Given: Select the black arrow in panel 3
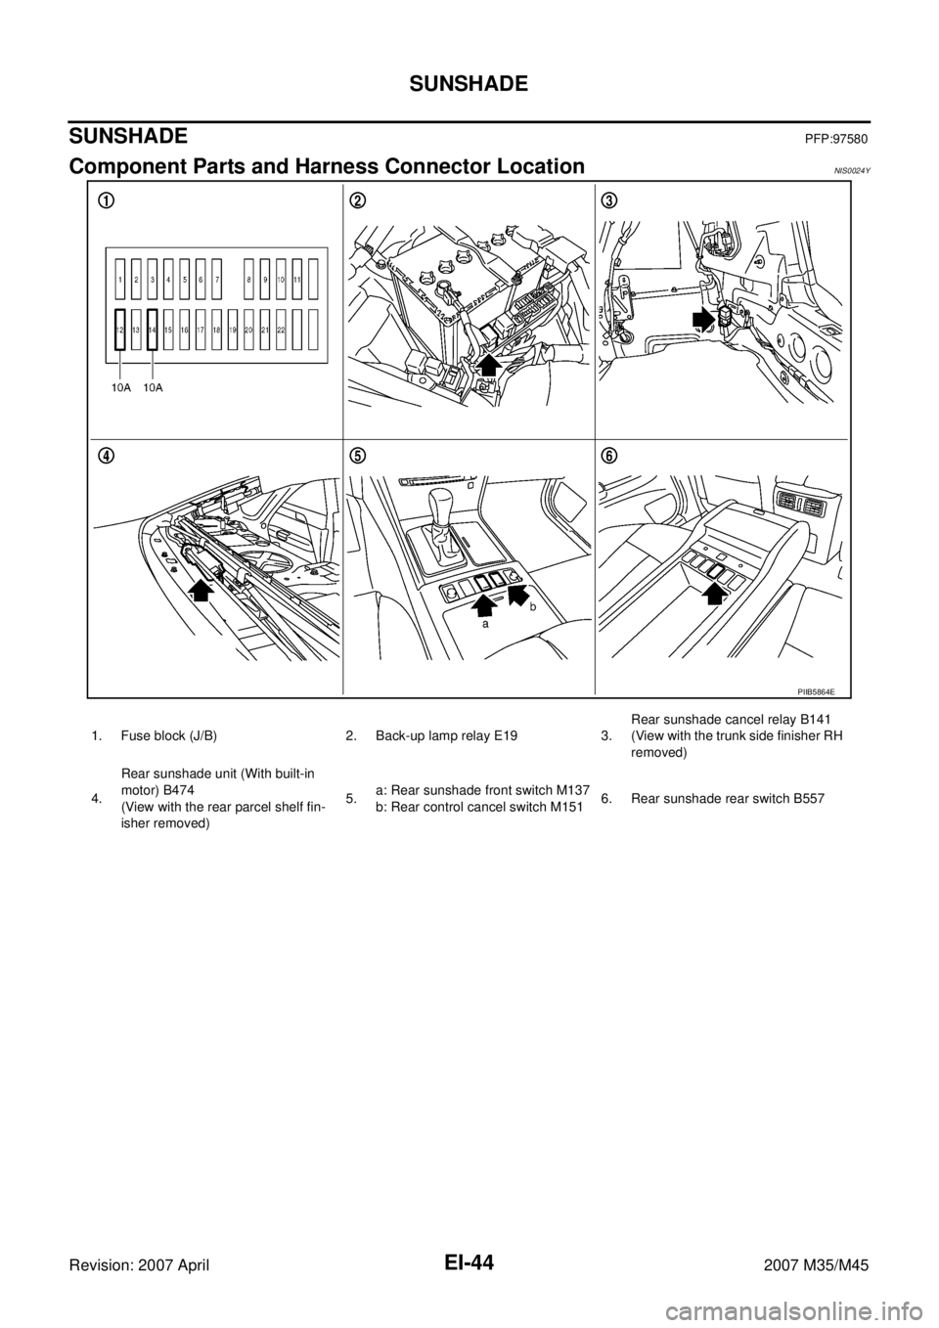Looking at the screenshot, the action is coord(704,320).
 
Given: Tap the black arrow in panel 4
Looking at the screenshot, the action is coord(202,589).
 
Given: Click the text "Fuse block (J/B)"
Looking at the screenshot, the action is coord(169,737).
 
